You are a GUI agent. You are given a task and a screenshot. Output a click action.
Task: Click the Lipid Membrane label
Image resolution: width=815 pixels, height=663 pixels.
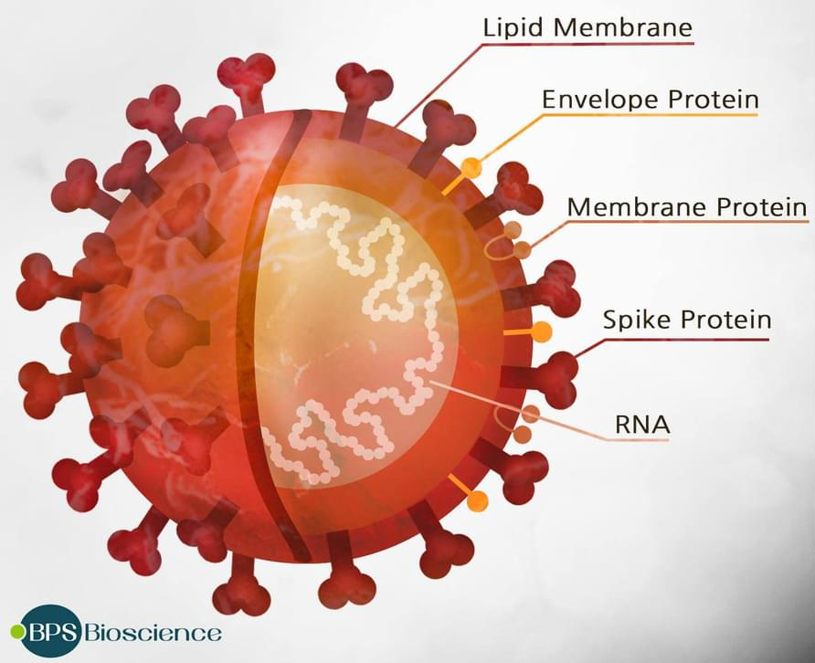[587, 27]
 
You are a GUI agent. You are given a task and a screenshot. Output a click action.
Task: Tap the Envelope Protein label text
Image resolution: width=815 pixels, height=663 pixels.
[651, 100]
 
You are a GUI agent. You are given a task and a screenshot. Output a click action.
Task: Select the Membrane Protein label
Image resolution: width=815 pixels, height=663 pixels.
[686, 206]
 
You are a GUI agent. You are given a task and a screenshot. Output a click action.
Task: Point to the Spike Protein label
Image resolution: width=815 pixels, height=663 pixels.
[686, 319]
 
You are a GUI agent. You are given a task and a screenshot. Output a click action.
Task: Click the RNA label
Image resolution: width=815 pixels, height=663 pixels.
[642, 425]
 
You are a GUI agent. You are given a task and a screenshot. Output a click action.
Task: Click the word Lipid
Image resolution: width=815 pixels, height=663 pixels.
[513, 27]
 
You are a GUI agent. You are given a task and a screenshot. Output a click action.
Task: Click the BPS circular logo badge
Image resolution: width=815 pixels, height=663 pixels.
[51, 631]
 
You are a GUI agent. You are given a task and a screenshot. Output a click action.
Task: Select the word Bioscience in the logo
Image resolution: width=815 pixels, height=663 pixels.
[153, 633]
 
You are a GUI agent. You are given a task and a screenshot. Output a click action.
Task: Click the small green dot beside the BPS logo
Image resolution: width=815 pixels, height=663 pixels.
[17, 631]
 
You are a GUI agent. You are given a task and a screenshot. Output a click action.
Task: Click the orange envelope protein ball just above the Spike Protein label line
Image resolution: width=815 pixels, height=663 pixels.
[541, 331]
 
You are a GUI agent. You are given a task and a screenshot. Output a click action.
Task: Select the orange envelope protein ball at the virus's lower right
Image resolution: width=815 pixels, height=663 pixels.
[478, 500]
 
